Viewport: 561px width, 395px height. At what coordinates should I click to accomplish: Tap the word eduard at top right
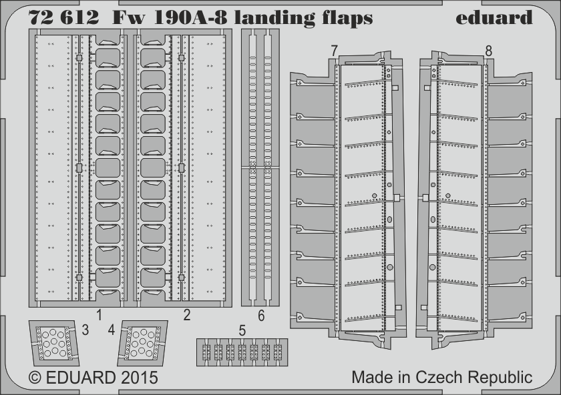494,17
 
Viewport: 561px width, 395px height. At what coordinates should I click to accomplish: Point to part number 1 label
98,314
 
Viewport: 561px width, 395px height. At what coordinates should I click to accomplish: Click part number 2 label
186,314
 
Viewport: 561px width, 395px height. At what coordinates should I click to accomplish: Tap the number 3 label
85,329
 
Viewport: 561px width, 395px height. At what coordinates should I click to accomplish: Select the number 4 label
112,329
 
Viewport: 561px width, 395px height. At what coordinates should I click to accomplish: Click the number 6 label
261,315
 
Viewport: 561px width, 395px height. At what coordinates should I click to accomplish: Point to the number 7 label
332,51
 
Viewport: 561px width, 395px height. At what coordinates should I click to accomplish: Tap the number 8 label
489,51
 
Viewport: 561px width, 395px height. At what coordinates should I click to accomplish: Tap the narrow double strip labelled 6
261,167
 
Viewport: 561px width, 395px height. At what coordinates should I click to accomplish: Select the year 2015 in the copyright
140,378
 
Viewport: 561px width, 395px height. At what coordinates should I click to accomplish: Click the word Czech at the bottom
445,377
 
